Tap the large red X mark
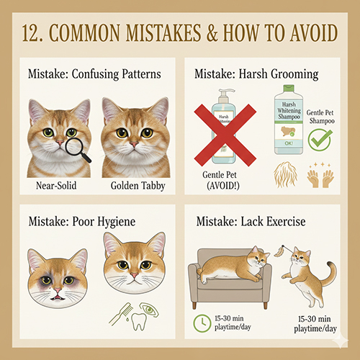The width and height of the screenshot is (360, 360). click(225, 135)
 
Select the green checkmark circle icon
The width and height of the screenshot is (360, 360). click(320, 140)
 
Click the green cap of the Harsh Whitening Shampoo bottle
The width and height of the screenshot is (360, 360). click(289, 88)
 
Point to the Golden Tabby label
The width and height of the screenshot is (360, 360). click(138, 186)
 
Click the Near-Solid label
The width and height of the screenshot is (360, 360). click(56, 186)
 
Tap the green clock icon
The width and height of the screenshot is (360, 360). click(202, 323)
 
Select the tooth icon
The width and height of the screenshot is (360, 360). click(138, 321)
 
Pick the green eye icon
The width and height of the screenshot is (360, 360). click(149, 310)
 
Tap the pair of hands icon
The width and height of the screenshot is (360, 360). click(320, 179)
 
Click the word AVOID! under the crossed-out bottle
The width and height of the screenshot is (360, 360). click(223, 186)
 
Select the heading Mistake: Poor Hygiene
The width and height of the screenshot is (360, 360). click(82, 221)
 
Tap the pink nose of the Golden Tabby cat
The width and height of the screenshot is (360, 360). click(134, 144)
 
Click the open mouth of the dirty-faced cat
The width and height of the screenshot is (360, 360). click(58, 298)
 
